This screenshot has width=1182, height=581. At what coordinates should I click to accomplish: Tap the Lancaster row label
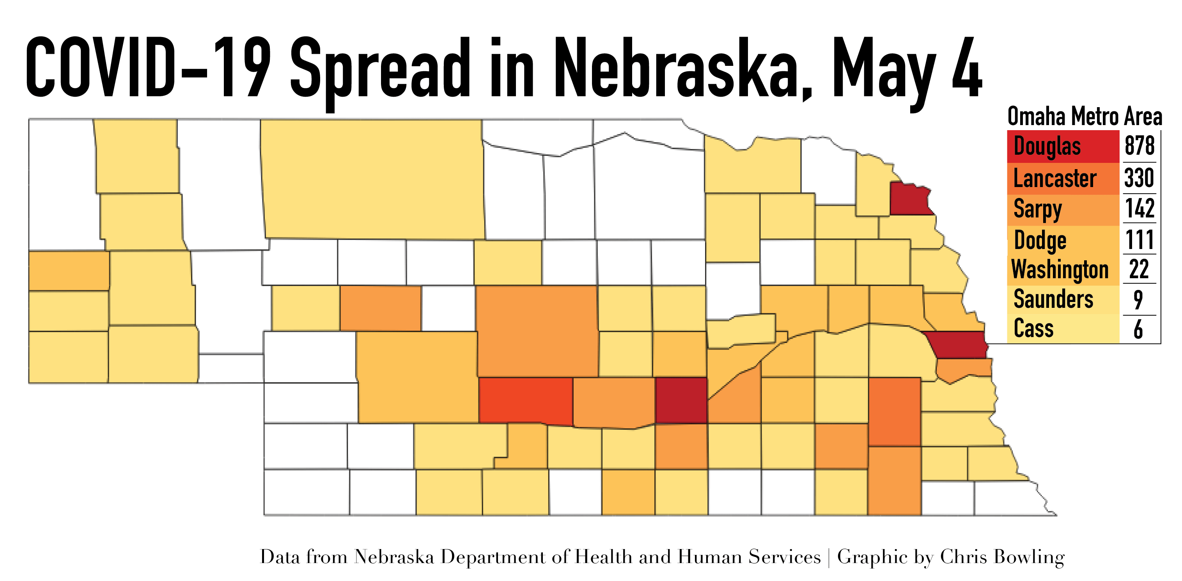[1054, 178]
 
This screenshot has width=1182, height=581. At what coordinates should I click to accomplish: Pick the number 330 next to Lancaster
[1139, 178]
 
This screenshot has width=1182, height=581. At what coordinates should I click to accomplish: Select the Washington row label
[1060, 270]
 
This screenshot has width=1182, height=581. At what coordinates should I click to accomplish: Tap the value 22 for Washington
[1139, 270]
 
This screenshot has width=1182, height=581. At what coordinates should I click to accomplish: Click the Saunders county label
[1053, 299]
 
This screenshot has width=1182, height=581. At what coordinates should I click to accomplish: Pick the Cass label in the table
[1033, 328]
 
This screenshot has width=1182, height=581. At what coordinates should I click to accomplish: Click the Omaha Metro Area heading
[1084, 116]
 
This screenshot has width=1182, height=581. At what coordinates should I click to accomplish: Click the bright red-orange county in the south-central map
[525, 399]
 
